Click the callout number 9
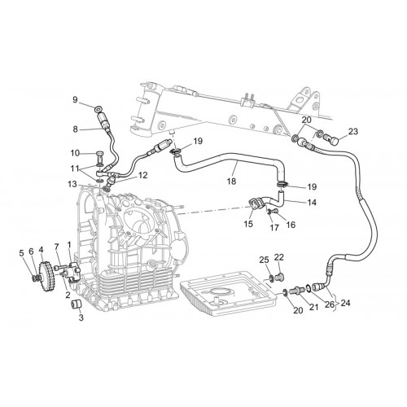click(x=75, y=100)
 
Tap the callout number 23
click(x=352, y=131)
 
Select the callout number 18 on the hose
click(x=231, y=181)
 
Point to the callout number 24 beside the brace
click(x=345, y=303)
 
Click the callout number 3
click(x=81, y=317)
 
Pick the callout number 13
click(x=72, y=185)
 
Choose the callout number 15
click(x=248, y=224)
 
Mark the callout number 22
click(x=278, y=257)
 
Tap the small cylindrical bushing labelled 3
click(x=77, y=305)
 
